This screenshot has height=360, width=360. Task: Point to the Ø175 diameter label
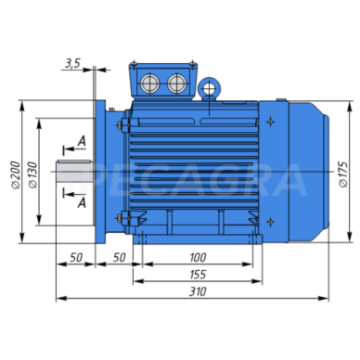pyautogui.click(x=342, y=173)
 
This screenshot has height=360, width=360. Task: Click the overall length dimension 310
pyautogui.click(x=193, y=290)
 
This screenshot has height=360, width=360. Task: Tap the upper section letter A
pyautogui.click(x=84, y=141)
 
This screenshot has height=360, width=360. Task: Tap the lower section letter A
pyautogui.click(x=84, y=200)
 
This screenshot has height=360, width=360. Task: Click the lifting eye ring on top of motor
pyautogui.click(x=212, y=88)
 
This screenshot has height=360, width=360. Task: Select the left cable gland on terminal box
pyautogui.click(x=151, y=84)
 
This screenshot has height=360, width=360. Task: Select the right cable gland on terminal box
pyautogui.click(x=175, y=84)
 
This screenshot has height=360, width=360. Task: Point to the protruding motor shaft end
pyautogui.click(x=74, y=172)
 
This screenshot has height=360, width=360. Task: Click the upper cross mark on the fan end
pyautogui.click(x=268, y=122)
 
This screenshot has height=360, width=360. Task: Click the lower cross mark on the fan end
pyautogui.click(x=268, y=222)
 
